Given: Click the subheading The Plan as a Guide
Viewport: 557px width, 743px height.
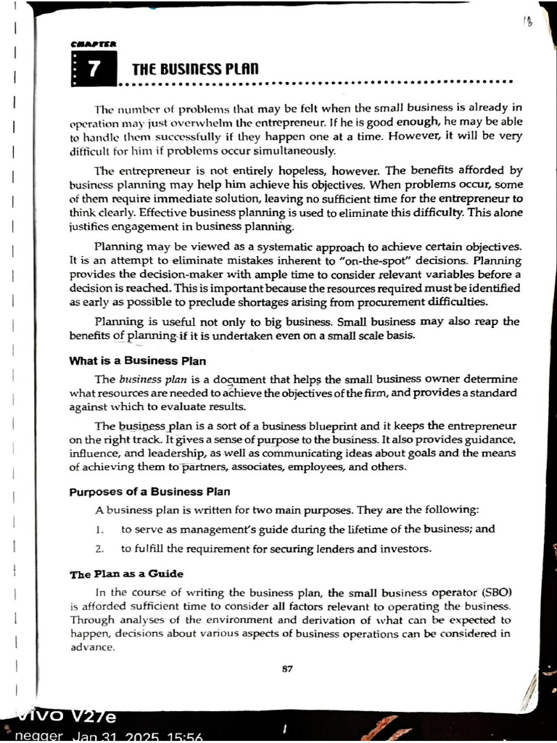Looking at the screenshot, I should click(126, 574).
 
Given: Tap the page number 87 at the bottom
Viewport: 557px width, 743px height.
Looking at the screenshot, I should click(287, 669).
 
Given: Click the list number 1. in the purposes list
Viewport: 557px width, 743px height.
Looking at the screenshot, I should click(100, 530).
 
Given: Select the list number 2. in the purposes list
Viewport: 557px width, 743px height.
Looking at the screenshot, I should click(100, 549).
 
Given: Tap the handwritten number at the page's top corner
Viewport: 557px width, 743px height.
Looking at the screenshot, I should click(527, 21).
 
